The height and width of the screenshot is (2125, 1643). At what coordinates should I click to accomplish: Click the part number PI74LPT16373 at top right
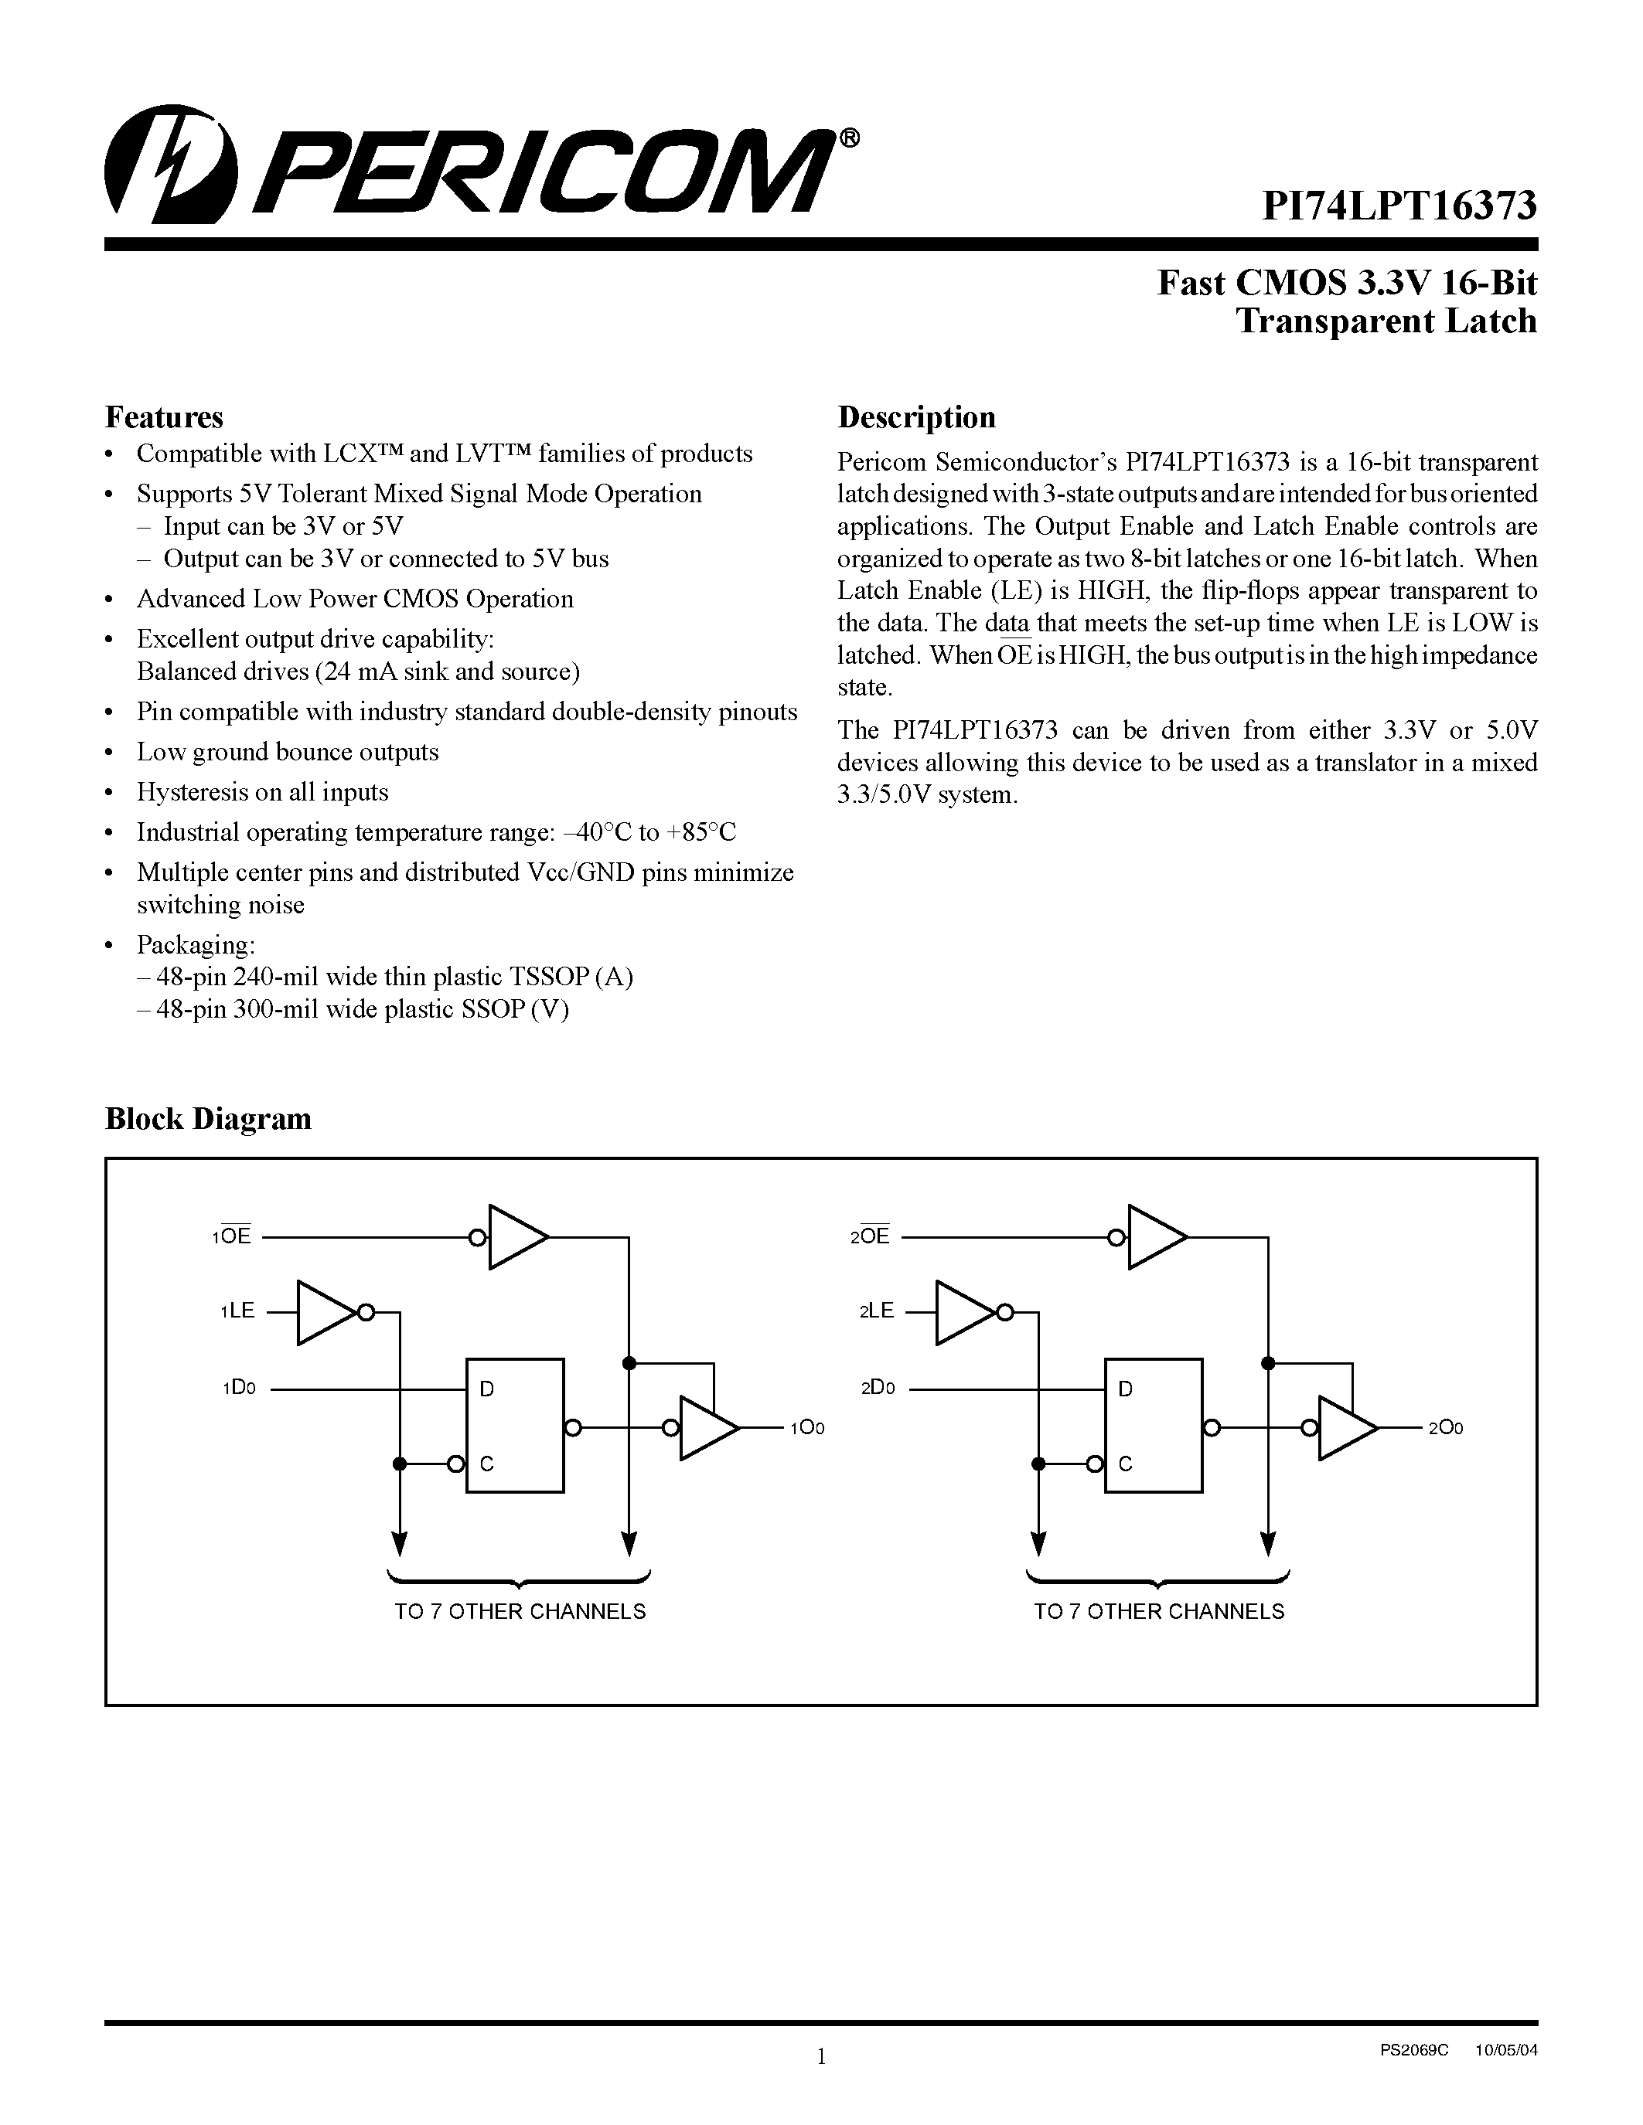tap(1399, 206)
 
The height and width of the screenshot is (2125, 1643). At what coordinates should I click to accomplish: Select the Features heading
tap(163, 417)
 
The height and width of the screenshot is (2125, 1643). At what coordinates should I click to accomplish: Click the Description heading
tap(916, 417)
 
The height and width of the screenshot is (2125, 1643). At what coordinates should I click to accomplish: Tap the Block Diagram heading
tap(207, 1119)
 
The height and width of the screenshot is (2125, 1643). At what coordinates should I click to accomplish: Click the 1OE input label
tap(232, 1236)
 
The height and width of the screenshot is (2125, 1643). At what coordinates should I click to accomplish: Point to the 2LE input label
tap(876, 1311)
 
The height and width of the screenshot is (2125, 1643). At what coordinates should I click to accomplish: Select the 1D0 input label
tap(238, 1389)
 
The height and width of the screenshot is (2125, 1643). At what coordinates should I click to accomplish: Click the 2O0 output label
tap(1445, 1428)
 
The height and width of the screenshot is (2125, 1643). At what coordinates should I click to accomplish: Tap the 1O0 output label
tap(807, 1428)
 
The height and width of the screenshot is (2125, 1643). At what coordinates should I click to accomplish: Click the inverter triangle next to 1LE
tap(324, 1313)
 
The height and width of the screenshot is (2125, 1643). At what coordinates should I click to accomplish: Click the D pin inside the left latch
tap(486, 1389)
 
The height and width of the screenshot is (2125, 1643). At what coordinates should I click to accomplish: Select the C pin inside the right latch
tap(1125, 1464)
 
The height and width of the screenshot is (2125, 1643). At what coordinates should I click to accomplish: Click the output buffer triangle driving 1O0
tap(706, 1428)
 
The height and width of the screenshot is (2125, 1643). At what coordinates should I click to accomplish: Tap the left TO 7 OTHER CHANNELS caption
tap(520, 1612)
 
